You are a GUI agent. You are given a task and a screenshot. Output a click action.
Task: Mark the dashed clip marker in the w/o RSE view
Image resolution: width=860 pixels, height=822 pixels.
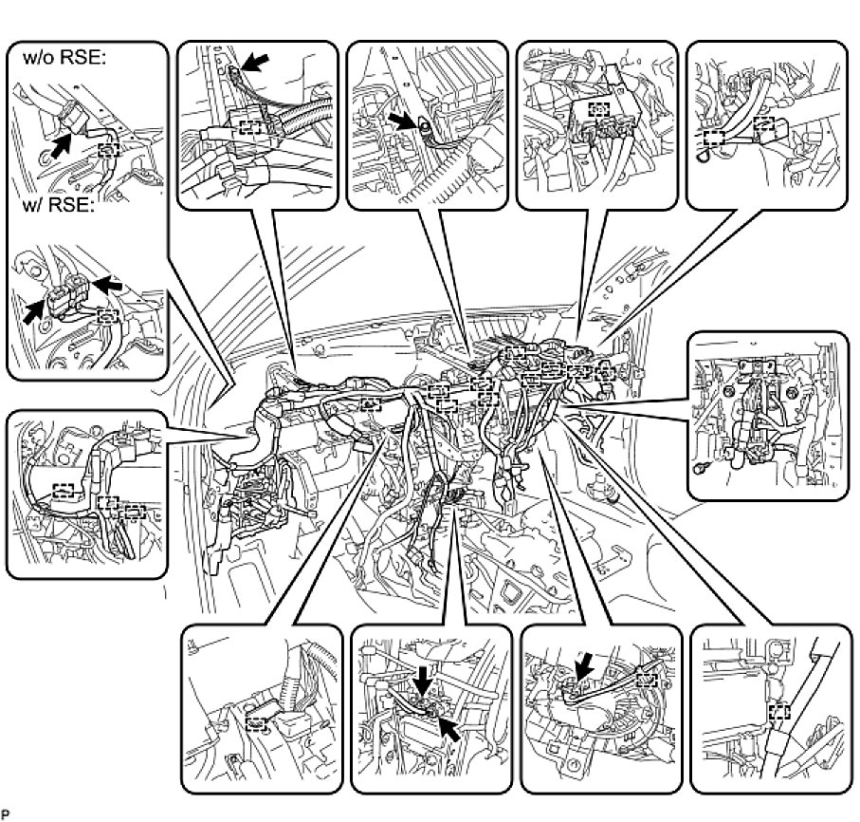pos(110,149)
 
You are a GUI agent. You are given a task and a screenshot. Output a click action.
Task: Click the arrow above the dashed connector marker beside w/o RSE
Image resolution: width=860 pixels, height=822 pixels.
pos(255,63)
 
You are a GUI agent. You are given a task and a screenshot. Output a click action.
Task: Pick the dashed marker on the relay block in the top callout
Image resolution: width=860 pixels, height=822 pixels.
pos(597,109)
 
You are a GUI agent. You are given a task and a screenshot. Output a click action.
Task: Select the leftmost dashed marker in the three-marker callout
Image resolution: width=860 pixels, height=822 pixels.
pos(64,491)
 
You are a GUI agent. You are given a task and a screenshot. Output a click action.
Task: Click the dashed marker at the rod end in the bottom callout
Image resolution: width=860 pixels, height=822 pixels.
pos(648,678)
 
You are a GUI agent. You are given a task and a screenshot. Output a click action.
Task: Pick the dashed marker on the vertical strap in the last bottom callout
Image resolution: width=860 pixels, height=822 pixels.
pos(779,711)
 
